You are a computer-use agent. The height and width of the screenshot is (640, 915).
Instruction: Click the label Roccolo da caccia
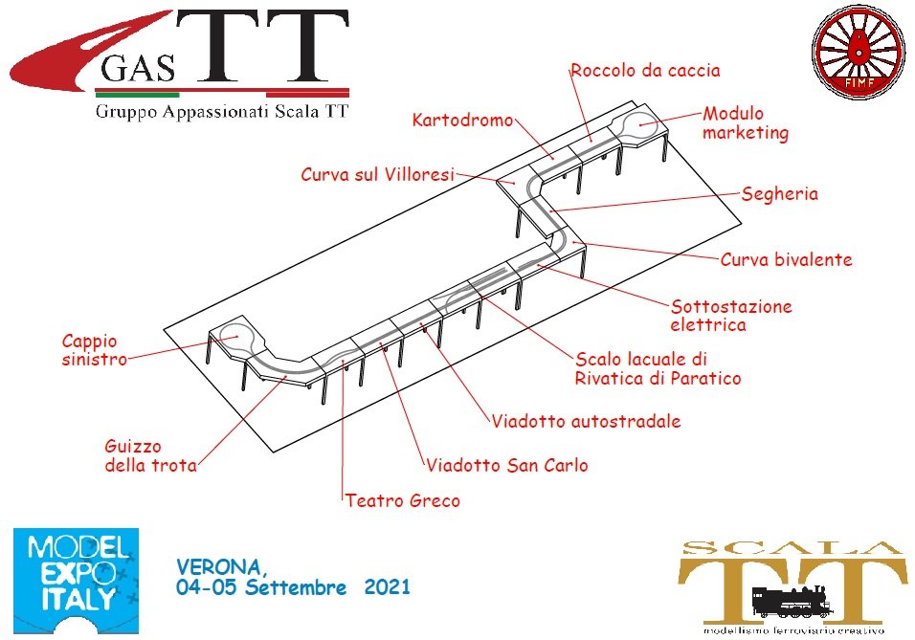tap(645, 71)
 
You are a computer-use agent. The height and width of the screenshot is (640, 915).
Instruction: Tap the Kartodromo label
tap(462, 121)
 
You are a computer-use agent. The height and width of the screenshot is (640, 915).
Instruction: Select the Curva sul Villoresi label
tap(377, 174)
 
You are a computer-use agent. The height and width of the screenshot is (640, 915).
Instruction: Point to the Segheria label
tap(780, 193)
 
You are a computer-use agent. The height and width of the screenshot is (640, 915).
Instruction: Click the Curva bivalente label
tap(786, 259)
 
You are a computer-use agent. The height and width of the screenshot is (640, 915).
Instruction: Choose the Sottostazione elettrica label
tap(730, 315)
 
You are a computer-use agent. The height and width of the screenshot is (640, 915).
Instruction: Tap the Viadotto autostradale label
tap(586, 421)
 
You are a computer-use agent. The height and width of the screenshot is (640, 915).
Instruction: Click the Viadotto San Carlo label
tap(506, 465)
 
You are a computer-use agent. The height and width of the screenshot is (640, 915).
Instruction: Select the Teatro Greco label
tap(402, 500)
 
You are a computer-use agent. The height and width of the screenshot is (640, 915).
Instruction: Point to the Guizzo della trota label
tap(150, 455)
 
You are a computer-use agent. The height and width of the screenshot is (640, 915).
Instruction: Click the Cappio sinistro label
tap(95, 349)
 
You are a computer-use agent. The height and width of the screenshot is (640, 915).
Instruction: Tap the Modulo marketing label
tap(746, 123)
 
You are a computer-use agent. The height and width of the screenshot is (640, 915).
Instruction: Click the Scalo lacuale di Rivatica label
tap(658, 368)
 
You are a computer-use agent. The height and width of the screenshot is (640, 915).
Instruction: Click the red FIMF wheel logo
tap(858, 52)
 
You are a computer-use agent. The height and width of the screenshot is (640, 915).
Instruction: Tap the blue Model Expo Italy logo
tap(76, 581)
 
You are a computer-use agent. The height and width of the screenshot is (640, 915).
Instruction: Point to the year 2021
tap(387, 586)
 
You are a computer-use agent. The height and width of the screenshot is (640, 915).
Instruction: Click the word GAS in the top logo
tap(138, 68)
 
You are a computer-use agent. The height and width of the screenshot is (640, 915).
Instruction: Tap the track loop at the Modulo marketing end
tap(641, 123)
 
